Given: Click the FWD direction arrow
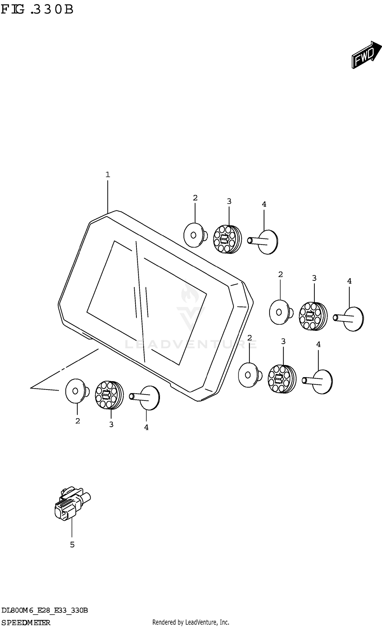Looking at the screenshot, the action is pyautogui.click(x=367, y=55).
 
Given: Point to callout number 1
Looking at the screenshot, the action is pyautogui.click(x=108, y=175).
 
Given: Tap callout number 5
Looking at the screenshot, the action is pyautogui.click(x=72, y=545).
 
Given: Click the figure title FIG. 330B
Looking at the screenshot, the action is pyautogui.click(x=37, y=9).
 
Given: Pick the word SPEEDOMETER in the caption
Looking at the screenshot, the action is pyautogui.click(x=26, y=623).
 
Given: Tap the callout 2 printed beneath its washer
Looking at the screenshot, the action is pyautogui.click(x=78, y=421).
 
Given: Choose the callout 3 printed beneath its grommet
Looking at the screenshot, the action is pyautogui.click(x=111, y=425).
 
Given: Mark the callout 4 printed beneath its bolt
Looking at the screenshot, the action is pyautogui.click(x=146, y=428).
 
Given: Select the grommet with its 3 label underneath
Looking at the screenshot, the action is pyautogui.click(x=109, y=395).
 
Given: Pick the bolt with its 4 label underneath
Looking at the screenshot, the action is pyautogui.click(x=145, y=398).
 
